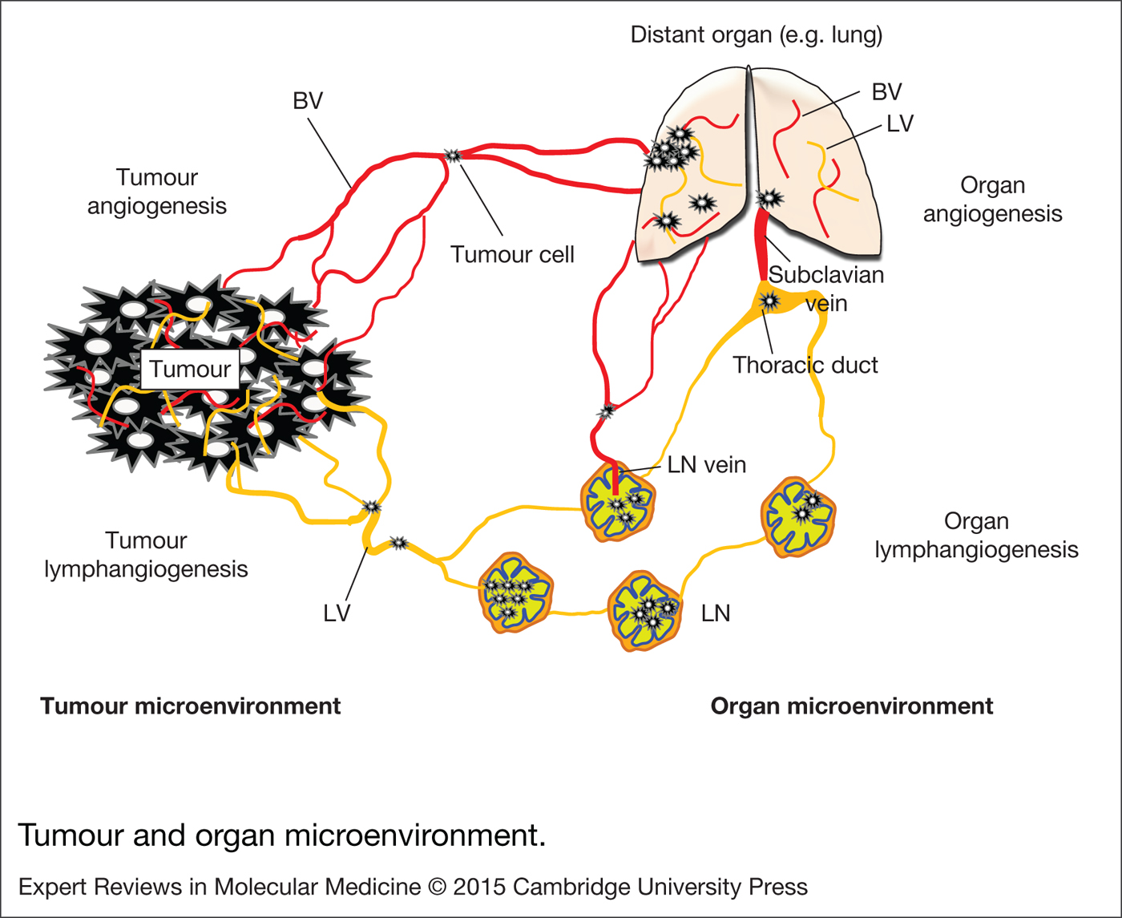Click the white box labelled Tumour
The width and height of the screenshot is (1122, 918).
tap(190, 370)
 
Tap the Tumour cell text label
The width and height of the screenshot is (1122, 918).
tap(512, 255)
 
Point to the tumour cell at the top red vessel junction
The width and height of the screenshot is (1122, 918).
tap(453, 155)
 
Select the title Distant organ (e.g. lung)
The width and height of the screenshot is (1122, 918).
tap(756, 35)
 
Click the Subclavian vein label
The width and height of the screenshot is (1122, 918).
tap(826, 289)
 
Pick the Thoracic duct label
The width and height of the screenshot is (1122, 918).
tap(805, 366)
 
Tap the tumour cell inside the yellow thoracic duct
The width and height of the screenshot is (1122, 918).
tap(769, 301)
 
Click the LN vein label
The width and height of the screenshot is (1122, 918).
tap(706, 465)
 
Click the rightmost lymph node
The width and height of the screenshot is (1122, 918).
tap(798, 516)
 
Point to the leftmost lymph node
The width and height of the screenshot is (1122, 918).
tap(515, 592)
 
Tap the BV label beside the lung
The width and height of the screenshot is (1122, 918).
tap(886, 92)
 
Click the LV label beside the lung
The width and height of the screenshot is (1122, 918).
tap(900, 124)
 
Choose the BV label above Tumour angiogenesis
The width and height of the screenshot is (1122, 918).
tap(308, 101)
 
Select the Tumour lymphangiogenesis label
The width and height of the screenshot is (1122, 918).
tap(146, 555)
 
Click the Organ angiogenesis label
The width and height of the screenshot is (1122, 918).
tap(992, 200)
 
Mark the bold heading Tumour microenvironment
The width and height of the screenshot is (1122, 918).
tap(190, 706)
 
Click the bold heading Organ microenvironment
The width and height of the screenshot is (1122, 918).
tap(852, 706)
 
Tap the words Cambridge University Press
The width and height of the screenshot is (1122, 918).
tap(660, 888)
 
